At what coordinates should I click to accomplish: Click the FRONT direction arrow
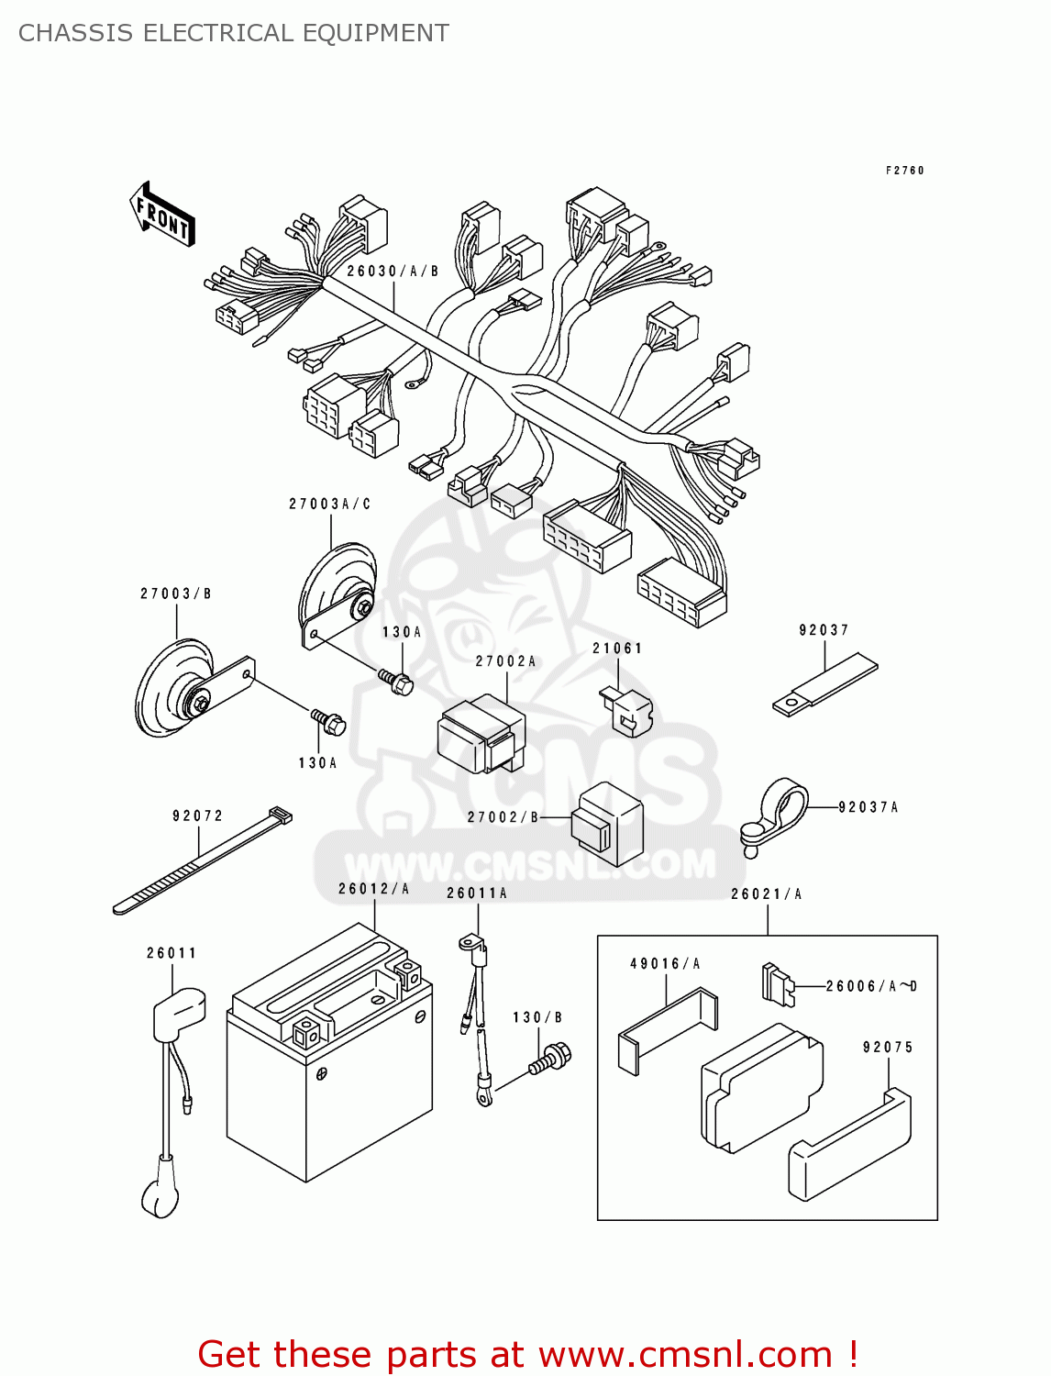pyautogui.click(x=163, y=215)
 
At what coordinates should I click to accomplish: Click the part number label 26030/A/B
pyautogui.click(x=393, y=272)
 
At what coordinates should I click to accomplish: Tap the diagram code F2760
pyautogui.click(x=904, y=171)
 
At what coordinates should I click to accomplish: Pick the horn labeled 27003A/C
pyautogui.click(x=337, y=587)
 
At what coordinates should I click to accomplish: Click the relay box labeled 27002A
pyautogui.click(x=481, y=734)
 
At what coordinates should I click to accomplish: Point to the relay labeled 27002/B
pyautogui.click(x=607, y=823)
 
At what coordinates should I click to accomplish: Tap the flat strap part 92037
pyautogui.click(x=824, y=684)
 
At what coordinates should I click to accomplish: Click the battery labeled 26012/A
pyautogui.click(x=329, y=1055)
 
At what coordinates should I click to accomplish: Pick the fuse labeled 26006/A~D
pyautogui.click(x=776, y=983)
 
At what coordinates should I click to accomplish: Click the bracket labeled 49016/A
pyautogui.click(x=668, y=1027)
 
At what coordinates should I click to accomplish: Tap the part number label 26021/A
pyautogui.click(x=766, y=894)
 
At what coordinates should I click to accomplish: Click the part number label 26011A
pyautogui.click(x=476, y=893)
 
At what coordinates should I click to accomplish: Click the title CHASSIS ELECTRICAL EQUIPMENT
pyautogui.click(x=234, y=33)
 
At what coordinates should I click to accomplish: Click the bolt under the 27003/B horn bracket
pyautogui.click(x=328, y=721)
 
